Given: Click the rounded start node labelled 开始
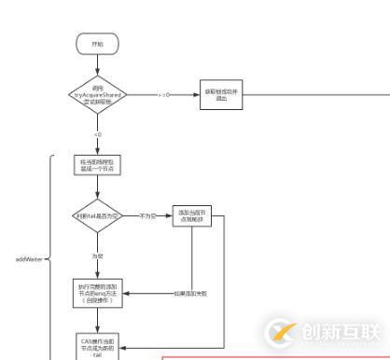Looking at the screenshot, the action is pos(98,44).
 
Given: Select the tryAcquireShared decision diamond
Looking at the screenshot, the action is pos(98,94).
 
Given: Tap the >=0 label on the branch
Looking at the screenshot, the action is pos(163,94).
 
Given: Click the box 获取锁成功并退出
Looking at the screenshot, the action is pos(221,95).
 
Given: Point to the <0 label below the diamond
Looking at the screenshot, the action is pos(98,134).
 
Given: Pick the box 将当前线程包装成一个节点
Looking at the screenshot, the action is pos(98,165).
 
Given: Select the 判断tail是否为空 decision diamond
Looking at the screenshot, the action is pos(98,216).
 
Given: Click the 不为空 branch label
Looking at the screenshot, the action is pos(146,215).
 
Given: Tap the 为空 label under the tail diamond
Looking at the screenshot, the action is pos(98,256).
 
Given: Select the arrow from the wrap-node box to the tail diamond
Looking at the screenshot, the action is pos(98,187).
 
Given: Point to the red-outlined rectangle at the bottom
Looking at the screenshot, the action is pos(271,356).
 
